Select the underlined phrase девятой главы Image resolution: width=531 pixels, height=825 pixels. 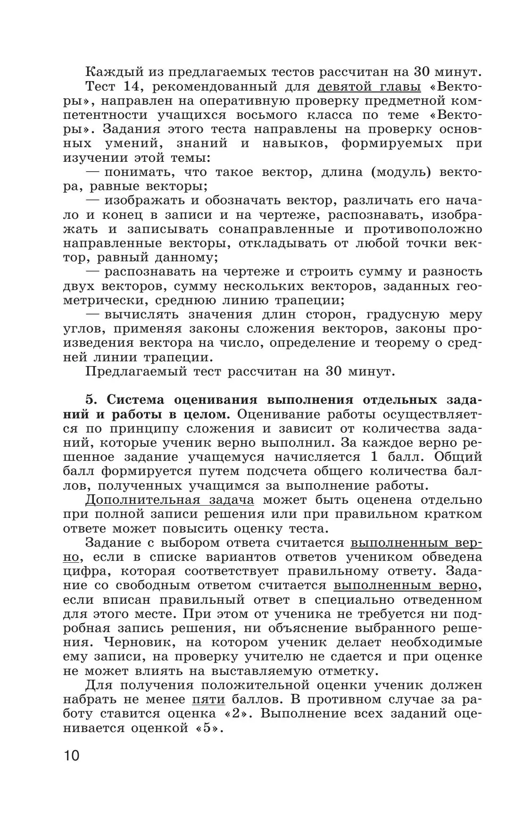(x=369, y=87)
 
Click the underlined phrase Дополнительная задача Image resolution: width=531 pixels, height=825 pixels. (x=170, y=500)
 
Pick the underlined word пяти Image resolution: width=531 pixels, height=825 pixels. (x=208, y=699)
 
